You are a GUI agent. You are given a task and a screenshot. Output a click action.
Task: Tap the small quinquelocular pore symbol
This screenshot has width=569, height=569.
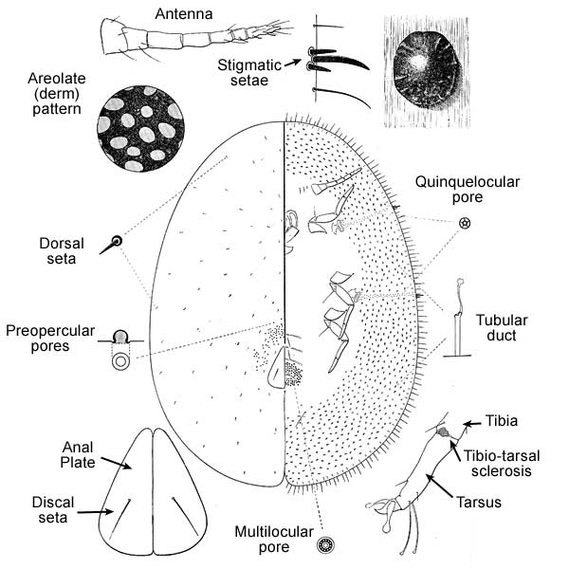(x=465, y=223)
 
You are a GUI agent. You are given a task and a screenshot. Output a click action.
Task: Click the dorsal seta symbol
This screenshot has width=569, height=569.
(x=117, y=243)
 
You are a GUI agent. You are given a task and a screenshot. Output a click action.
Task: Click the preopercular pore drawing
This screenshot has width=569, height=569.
(x=120, y=348)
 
